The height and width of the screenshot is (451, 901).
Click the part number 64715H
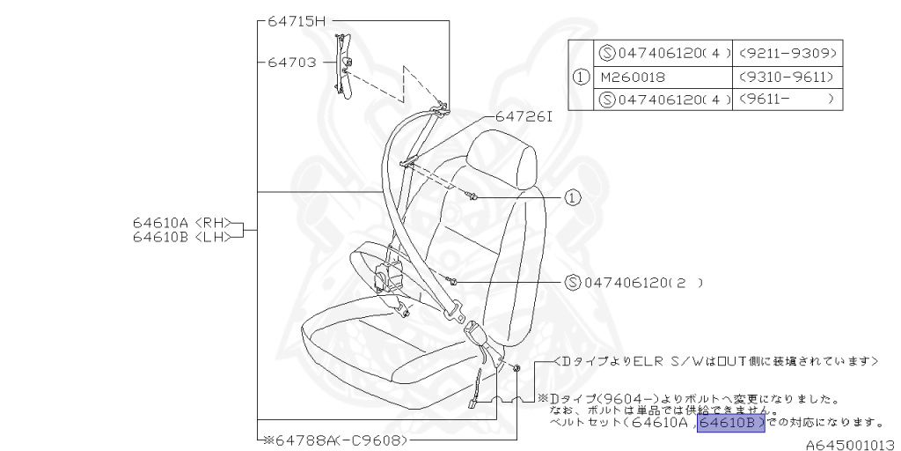pyautogui.click(x=297, y=21)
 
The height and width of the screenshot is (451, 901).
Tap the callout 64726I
pyautogui.click(x=524, y=116)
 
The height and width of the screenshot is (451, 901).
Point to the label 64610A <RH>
pyautogui.click(x=176, y=223)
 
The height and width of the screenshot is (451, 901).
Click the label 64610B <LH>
pyautogui.click(x=176, y=236)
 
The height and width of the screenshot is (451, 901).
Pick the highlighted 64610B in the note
pyautogui.click(x=730, y=424)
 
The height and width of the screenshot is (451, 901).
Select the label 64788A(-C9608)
pyautogui.click(x=337, y=438)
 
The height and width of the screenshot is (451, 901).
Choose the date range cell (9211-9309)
pyautogui.click(x=787, y=54)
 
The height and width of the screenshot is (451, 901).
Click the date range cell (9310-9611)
pyautogui.click(x=787, y=77)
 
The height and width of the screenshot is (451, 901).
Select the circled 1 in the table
pyautogui.click(x=581, y=77)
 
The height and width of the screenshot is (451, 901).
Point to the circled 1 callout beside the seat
pyautogui.click(x=573, y=197)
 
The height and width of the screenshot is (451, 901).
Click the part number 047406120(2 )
pyautogui.click(x=642, y=283)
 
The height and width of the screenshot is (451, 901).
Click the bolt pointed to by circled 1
pyautogui.click(x=474, y=196)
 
